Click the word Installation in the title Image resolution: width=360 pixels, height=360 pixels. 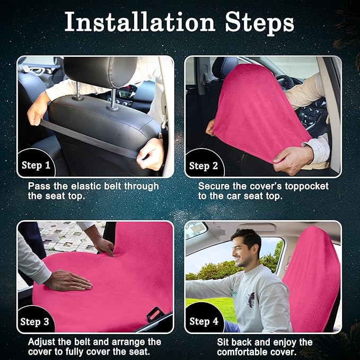point(140,22)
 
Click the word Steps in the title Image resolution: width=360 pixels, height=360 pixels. point(259,23)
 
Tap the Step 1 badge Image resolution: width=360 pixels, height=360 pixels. point(36,165)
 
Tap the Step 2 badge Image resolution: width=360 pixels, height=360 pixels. point(204,166)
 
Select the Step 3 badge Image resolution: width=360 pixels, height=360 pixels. point(35,322)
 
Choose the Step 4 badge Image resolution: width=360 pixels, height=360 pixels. point(204,321)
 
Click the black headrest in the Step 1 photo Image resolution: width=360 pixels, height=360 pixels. point(101,71)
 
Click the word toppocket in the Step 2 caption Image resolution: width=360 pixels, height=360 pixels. point(307,187)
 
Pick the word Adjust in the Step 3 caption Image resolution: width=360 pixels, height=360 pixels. point(41,342)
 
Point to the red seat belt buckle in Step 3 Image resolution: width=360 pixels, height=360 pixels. point(154,313)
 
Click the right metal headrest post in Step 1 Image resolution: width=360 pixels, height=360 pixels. point(113,100)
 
